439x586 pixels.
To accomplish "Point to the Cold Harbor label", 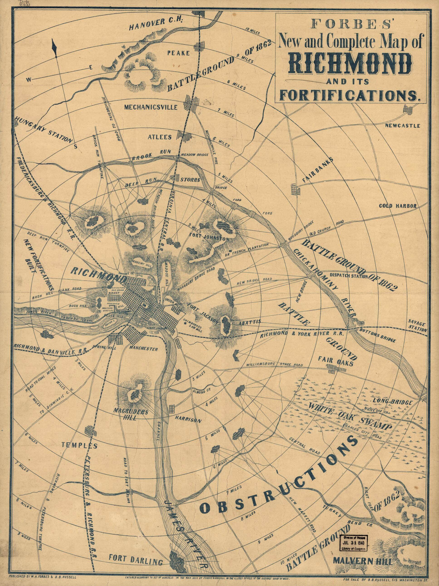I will click(x=398, y=206).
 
